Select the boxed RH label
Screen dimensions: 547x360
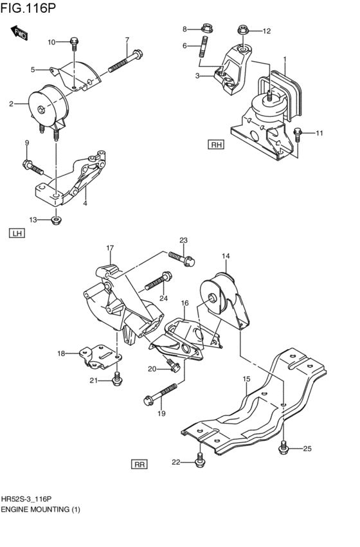(x=215, y=145)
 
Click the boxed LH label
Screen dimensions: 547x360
(x=17, y=233)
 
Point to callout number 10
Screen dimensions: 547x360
(x=51, y=42)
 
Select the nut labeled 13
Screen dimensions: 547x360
(x=56, y=220)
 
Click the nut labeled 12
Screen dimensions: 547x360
(x=242, y=30)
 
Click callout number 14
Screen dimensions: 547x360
(x=226, y=256)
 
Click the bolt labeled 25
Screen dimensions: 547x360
(x=283, y=448)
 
